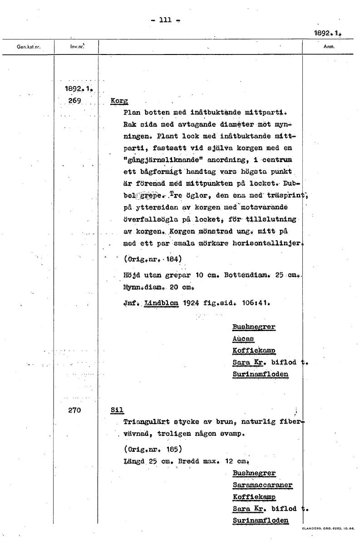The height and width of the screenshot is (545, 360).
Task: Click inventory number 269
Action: [74, 100]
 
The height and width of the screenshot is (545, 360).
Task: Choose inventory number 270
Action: [74, 410]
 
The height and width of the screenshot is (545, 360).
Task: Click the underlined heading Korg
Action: [119, 101]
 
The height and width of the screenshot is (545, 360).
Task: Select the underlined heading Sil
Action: [117, 410]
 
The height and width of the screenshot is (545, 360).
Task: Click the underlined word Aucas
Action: [243, 339]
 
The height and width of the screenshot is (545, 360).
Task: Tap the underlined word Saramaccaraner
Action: [262, 485]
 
